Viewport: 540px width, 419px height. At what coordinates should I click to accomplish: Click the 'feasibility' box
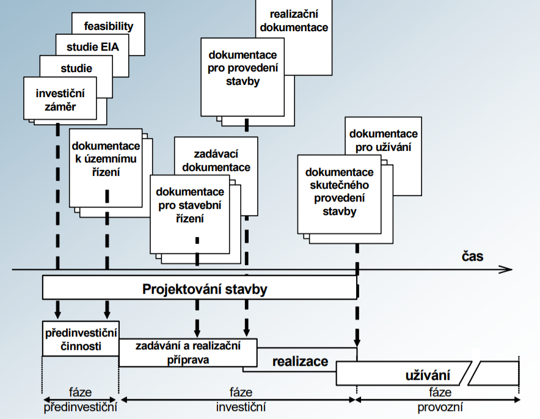pos(109,26)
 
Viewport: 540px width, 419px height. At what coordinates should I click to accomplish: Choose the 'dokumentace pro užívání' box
pos(384,139)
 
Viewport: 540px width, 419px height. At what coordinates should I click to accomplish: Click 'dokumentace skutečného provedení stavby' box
pos(339,192)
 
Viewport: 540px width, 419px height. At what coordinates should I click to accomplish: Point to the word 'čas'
pos(472,256)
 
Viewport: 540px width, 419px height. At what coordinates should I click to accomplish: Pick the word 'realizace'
pos(299,362)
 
